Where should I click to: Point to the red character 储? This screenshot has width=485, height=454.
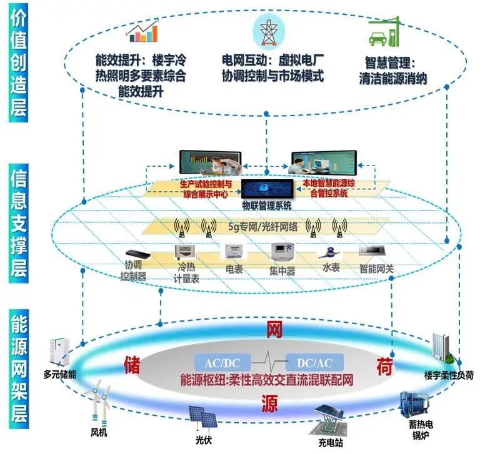pos(132,363)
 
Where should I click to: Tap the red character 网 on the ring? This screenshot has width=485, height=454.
pos(274,329)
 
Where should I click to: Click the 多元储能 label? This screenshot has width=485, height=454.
pos(59,376)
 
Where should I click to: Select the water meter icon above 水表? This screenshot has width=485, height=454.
pos(326,252)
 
